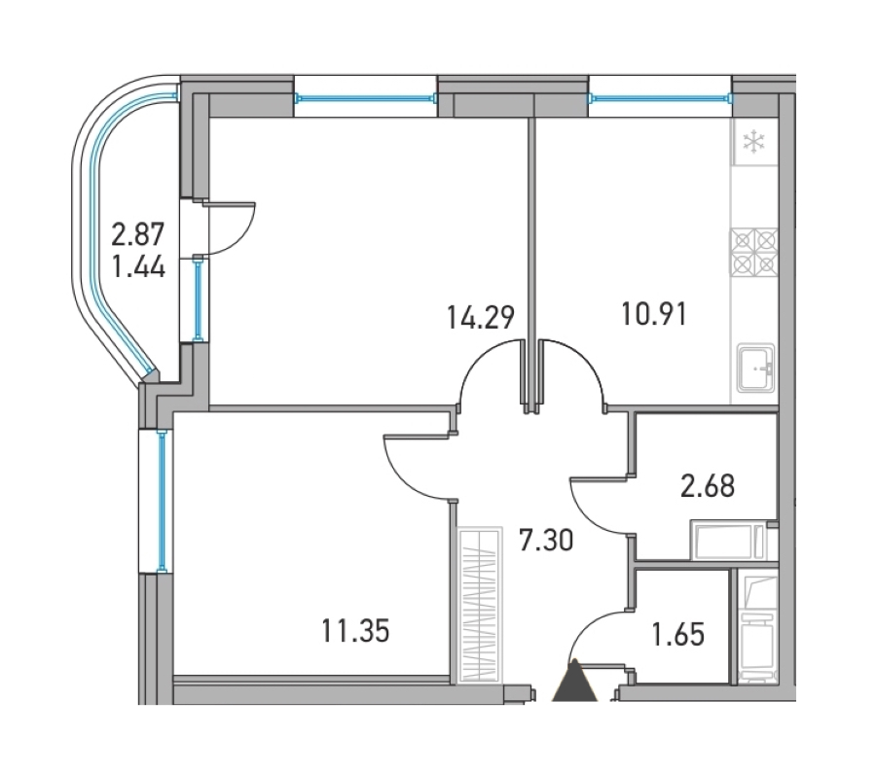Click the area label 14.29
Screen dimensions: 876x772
click(481, 317)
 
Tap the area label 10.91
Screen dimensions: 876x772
click(654, 314)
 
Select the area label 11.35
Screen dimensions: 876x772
click(355, 631)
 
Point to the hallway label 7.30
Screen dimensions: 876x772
click(546, 541)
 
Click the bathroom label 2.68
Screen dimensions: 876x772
click(708, 486)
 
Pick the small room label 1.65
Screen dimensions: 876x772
click(678, 635)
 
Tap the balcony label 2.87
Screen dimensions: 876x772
click(138, 234)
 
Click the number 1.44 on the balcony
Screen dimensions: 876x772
click(138, 266)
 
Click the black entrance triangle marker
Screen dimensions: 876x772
click(574, 680)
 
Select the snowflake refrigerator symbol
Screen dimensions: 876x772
click(753, 142)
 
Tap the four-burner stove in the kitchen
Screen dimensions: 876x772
click(754, 252)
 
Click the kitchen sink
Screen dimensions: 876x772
click(756, 368)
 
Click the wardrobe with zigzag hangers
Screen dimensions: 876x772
click(478, 605)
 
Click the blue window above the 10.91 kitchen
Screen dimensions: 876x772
click(660, 99)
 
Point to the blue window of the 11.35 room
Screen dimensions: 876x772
click(162, 501)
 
